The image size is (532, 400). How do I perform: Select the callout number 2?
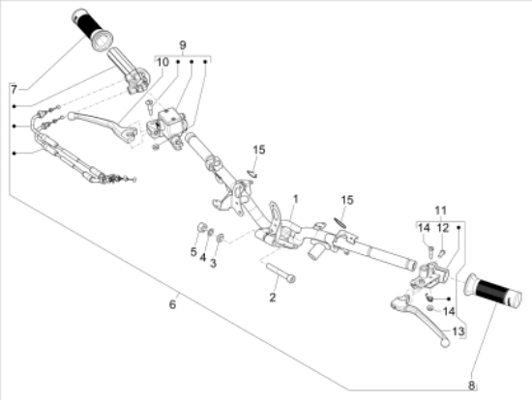tap(273, 298)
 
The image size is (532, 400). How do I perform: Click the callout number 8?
tap(472, 385)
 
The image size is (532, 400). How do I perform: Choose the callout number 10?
tap(163, 62)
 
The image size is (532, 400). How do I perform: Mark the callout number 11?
tap(440, 210)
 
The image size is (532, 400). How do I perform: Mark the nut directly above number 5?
tap(200, 229)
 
